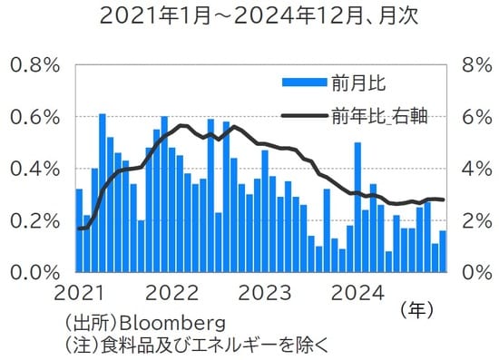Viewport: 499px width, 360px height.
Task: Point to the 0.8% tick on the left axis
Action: pos(34,65)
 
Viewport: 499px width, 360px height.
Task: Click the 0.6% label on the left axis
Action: pos(34,117)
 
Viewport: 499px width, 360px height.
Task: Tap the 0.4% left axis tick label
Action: pos(34,169)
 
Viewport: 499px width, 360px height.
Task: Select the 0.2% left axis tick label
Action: pos(34,220)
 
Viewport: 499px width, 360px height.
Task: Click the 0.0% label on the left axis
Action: pos(34,272)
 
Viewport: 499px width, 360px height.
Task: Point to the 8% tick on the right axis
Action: pos(475,65)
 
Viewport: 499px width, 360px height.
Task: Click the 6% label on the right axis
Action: pos(475,117)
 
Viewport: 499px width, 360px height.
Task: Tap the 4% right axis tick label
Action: pos(475,169)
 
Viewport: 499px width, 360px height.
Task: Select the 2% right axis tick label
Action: pos(475,220)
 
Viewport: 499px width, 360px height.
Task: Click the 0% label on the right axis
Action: pos(475,272)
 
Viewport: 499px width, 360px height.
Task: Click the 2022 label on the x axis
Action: pos(171,293)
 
